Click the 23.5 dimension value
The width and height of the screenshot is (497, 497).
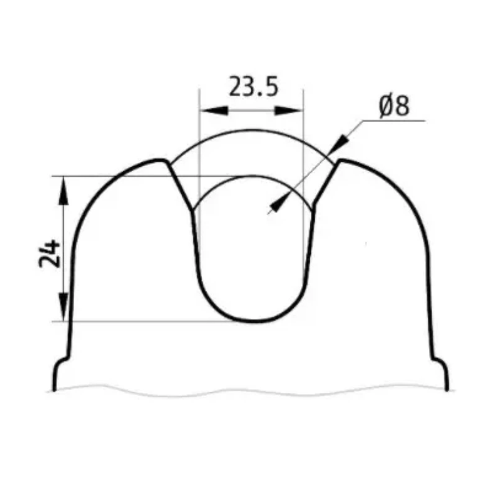point(253,86)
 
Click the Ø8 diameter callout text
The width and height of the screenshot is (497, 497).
point(394,106)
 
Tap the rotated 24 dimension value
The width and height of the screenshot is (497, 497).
point(50,253)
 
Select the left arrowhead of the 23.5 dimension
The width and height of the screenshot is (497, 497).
point(214,111)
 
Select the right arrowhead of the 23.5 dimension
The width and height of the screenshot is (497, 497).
point(288,111)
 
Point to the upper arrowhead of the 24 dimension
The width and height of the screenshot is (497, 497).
point(63,190)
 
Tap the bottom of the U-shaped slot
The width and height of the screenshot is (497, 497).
point(253,321)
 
